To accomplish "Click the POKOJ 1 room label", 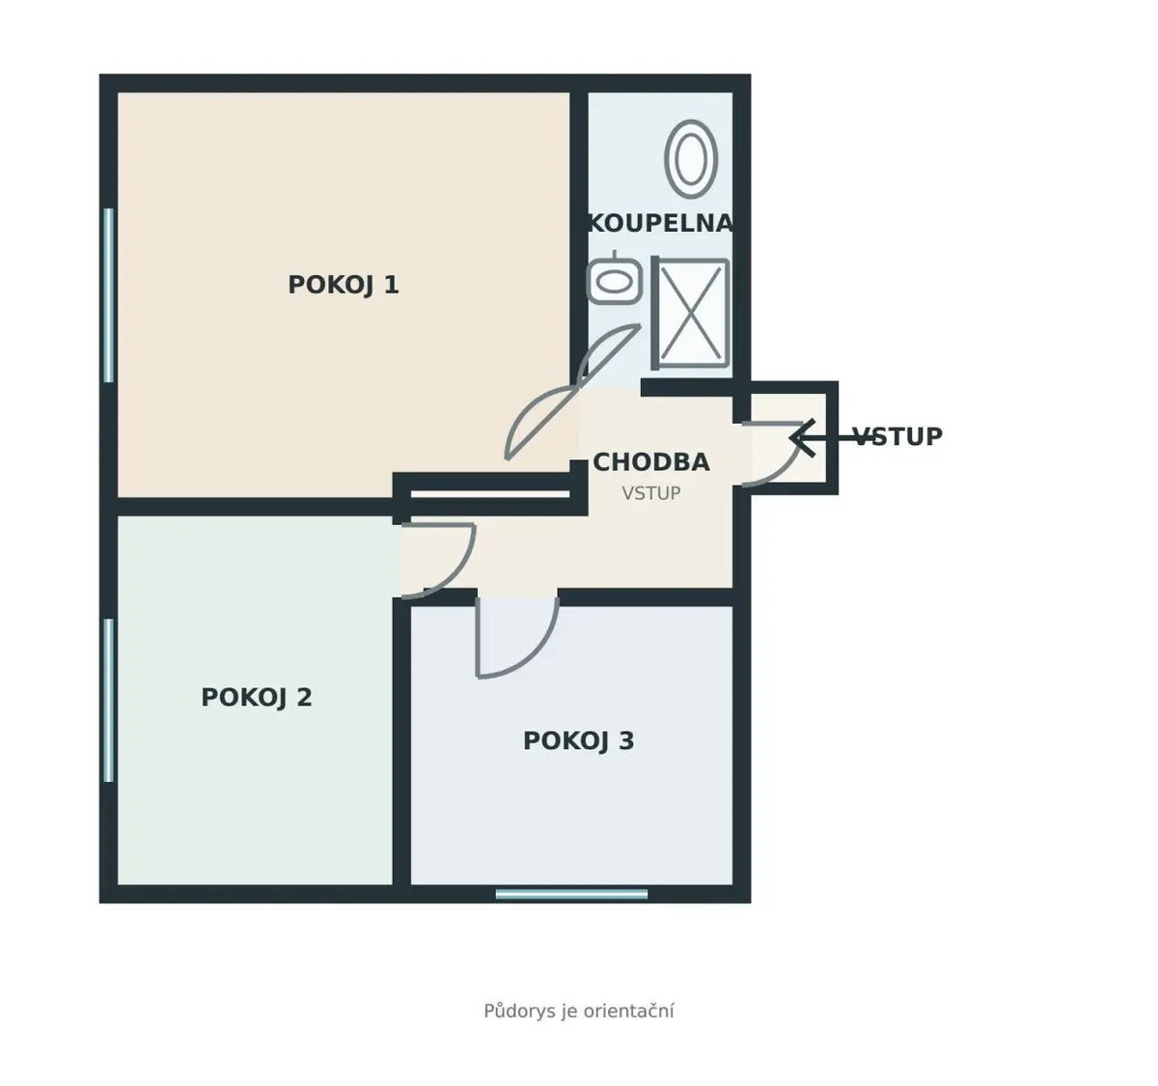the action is coord(344,286).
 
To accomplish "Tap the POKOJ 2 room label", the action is coord(257,698).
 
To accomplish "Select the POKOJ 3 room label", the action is coord(578,741).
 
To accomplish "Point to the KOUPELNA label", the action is coord(661,224).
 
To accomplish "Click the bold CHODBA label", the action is coord(651,462).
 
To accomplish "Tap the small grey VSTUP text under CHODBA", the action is coord(651,493).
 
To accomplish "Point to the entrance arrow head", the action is coord(801,437).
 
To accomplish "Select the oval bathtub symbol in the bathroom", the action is coord(691,158).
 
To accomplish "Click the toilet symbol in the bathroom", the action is coord(614,280).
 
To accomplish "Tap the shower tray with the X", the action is coord(691,313).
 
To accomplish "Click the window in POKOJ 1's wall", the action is coord(108,295).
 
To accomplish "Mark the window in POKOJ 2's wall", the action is coord(108,700).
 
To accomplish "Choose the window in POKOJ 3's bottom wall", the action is coord(571,894).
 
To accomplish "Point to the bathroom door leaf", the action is coord(609,354).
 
